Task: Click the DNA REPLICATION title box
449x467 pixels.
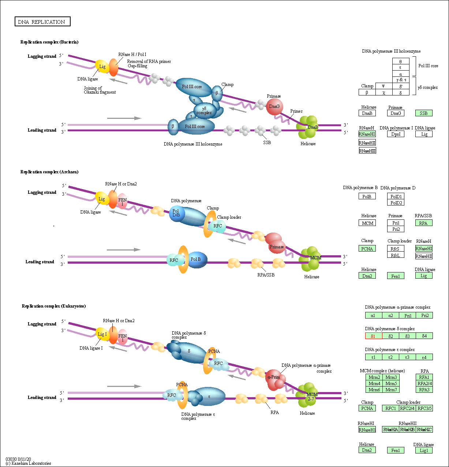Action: point(42,22)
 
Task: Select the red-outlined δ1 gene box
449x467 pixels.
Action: point(374,336)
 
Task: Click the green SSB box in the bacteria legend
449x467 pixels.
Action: point(424,113)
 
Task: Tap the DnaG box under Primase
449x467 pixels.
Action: point(396,113)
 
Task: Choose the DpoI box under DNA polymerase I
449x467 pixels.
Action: point(396,134)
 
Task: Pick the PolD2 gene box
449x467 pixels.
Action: point(396,203)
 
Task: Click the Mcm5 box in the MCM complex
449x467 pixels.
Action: point(391,384)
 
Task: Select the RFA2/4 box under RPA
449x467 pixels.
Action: point(424,384)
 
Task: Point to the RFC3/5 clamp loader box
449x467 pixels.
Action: point(424,408)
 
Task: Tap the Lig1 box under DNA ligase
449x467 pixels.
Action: point(424,451)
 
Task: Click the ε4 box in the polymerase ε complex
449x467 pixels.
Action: point(424,357)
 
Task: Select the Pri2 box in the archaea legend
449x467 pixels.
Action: point(396,229)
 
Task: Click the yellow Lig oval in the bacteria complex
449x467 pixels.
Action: point(102,67)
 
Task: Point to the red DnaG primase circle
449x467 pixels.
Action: point(274,107)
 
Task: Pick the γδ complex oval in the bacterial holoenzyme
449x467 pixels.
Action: point(203,110)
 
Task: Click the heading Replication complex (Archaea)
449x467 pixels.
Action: point(49,172)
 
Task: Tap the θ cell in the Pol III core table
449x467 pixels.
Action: point(401,61)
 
